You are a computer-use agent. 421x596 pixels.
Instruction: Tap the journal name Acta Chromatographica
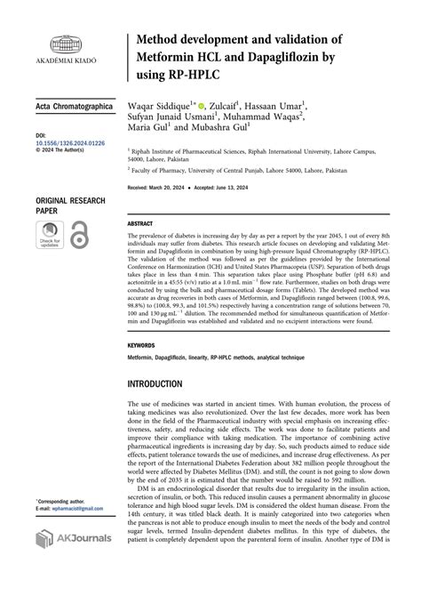point(75,107)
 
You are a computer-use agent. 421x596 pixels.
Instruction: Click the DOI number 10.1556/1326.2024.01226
point(70,142)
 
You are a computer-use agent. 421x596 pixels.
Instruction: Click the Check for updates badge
point(50,235)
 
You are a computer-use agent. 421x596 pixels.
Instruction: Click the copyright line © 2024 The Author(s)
point(63,150)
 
